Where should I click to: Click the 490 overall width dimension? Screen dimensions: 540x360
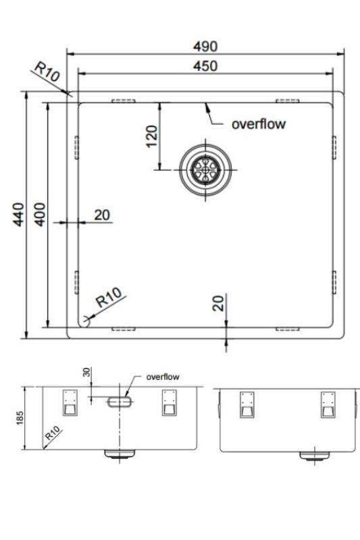(206, 47)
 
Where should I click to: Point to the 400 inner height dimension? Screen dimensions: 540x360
(38, 215)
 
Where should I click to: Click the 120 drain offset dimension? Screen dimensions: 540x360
(151, 136)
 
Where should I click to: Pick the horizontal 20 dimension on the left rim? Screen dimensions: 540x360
(101, 215)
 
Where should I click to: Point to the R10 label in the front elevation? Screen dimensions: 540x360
(53, 433)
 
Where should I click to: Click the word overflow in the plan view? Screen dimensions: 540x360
(259, 124)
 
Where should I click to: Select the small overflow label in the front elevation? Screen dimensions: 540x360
(163, 377)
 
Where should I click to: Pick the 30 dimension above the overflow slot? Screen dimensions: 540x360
(86, 373)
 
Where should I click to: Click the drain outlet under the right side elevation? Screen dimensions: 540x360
(311, 455)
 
